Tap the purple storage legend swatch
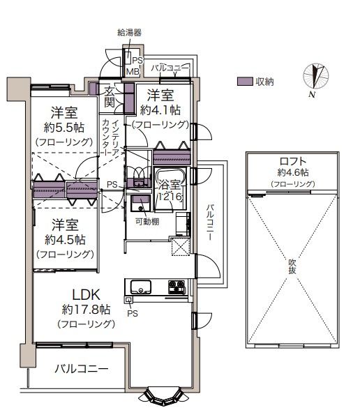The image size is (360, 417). [245, 82]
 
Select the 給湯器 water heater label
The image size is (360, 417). [129, 33]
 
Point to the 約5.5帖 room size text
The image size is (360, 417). [64, 128]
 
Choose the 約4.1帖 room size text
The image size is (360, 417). [160, 110]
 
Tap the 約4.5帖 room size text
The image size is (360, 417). [65, 240]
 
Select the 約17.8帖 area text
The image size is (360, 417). [87, 310]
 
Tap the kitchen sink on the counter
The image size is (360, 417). [140, 287]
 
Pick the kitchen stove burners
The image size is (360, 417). [176, 287]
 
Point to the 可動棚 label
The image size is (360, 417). [147, 222]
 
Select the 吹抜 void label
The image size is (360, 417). [292, 266]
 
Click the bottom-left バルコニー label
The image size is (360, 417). [82, 369]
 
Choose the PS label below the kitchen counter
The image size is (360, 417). [133, 314]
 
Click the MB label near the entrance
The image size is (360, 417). [133, 72]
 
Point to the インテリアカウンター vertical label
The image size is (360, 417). [111, 137]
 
